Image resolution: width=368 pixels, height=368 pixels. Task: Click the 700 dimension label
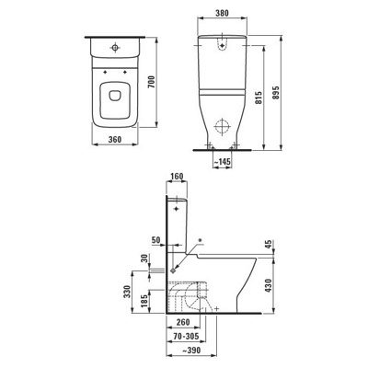coord(152,82)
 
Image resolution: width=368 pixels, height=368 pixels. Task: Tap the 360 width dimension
coord(115,140)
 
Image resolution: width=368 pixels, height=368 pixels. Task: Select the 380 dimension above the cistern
coord(222,13)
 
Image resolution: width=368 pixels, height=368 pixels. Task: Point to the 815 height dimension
coord(259,98)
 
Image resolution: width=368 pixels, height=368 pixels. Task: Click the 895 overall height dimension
coord(276,93)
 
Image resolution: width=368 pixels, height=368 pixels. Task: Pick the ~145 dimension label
coord(222,162)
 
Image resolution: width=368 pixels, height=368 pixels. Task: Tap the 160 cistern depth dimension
coord(177,177)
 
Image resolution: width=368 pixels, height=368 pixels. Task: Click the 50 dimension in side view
coord(156,240)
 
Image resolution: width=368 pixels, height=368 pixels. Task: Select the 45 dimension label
coord(269,245)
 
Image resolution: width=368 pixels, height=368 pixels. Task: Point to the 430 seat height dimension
coord(269,285)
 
